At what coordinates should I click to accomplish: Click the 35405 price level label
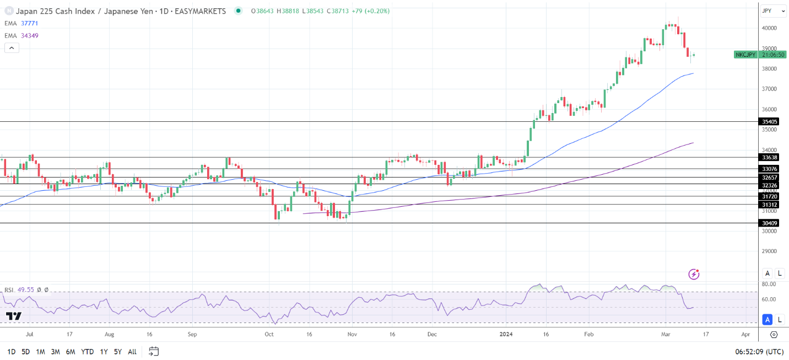769,122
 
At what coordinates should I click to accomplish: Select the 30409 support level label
769,223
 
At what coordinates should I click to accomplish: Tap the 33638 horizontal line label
769,158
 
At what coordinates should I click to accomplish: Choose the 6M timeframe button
70,352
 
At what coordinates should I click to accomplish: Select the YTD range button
87,352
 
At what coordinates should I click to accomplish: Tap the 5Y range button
117,352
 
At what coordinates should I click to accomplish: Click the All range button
132,352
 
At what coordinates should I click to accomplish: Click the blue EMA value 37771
29,23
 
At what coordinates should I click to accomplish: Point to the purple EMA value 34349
29,35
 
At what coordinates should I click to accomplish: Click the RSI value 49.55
26,289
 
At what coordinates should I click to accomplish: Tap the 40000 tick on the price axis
769,28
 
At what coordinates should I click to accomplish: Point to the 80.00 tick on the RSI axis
769,284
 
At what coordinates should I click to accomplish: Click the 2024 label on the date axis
506,335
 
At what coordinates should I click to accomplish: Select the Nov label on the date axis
353,335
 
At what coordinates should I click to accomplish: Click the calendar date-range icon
154,351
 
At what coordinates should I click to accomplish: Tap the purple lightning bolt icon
694,274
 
